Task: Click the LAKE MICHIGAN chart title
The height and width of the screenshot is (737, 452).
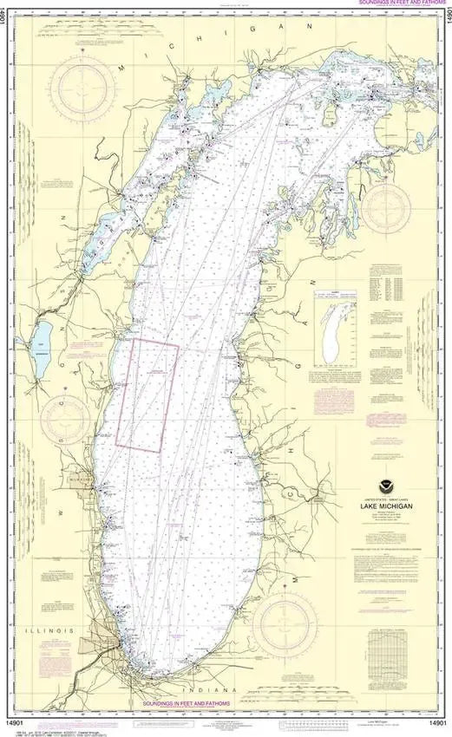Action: [x=387, y=505]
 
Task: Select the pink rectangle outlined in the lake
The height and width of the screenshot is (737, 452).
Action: [x=147, y=395]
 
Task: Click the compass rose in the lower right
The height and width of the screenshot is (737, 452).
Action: [x=285, y=623]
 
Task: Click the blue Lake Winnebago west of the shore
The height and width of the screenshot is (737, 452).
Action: [x=40, y=350]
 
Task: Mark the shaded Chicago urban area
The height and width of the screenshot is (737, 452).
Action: [x=97, y=646]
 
